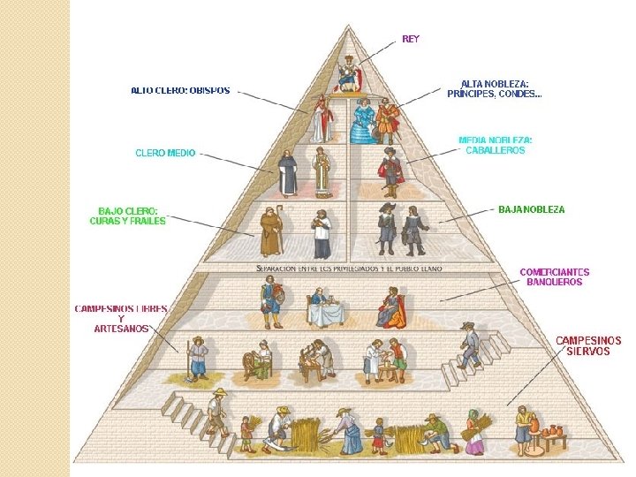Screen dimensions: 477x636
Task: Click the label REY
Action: pyautogui.click(x=411, y=39)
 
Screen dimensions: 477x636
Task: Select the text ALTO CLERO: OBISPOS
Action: pyautogui.click(x=180, y=90)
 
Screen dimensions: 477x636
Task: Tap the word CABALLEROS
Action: pyautogui.click(x=495, y=150)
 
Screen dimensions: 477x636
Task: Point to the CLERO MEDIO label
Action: pyautogui.click(x=165, y=153)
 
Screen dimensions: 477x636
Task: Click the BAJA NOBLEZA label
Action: pyautogui.click(x=531, y=209)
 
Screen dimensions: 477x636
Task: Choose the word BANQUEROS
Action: pyautogui.click(x=554, y=283)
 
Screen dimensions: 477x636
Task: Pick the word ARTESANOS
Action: pyautogui.click(x=121, y=329)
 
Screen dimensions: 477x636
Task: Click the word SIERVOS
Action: pyautogui.click(x=587, y=351)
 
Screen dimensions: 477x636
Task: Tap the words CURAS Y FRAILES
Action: pyautogui.click(x=127, y=221)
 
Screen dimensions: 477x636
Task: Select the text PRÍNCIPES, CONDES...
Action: pyautogui.click(x=493, y=94)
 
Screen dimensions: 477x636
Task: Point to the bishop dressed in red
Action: pyautogui.click(x=320, y=119)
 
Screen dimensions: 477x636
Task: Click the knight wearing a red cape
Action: pyautogui.click(x=391, y=171)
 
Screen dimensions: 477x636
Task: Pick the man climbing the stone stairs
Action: pyautogui.click(x=469, y=345)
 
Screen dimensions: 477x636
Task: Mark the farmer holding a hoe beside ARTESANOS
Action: pyautogui.click(x=197, y=358)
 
